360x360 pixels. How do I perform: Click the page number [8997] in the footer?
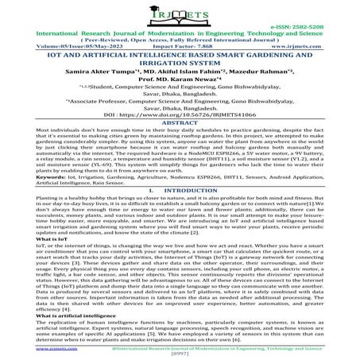point(180,355)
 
